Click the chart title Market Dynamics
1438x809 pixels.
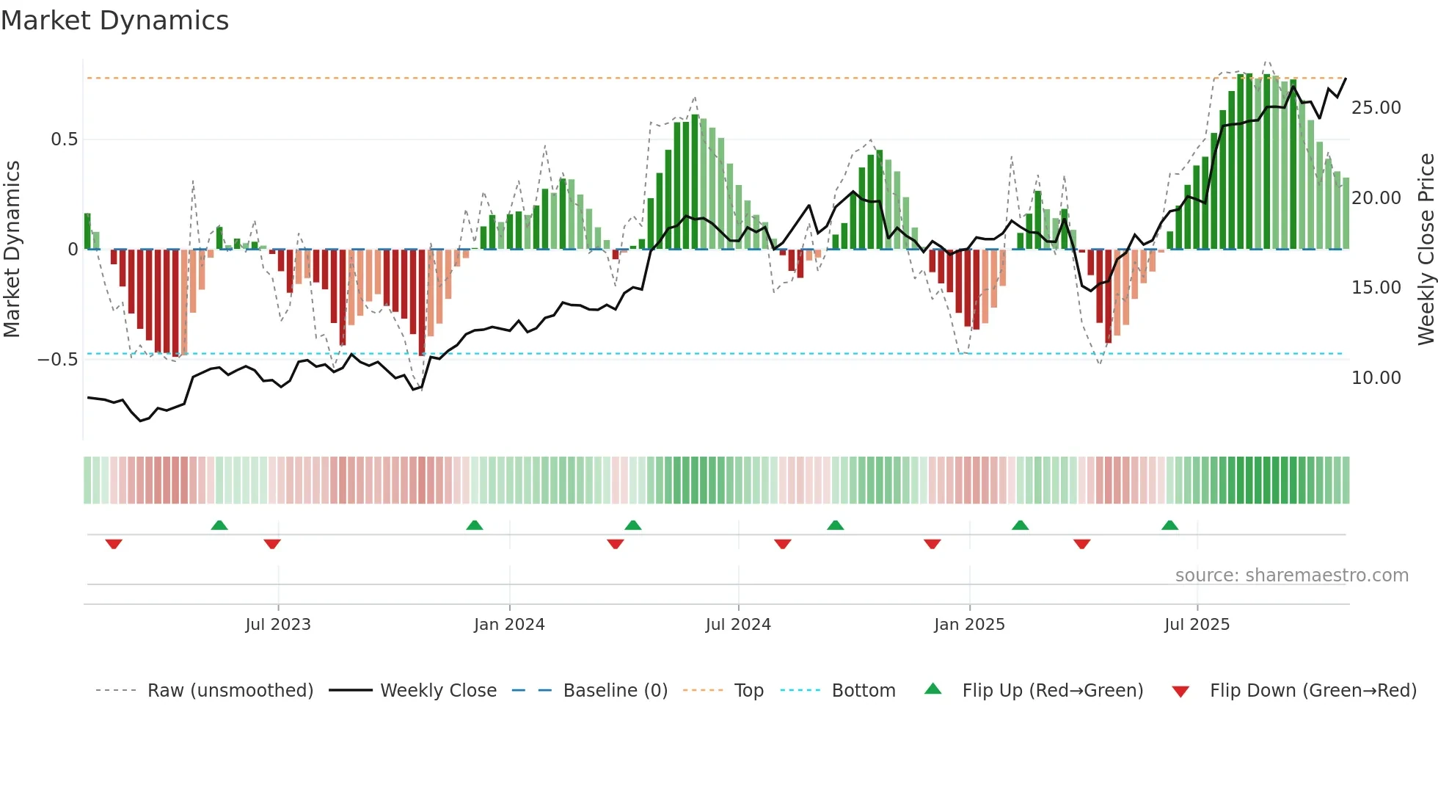(114, 21)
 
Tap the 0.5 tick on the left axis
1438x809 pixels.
(64, 139)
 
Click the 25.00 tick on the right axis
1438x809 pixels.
(1376, 108)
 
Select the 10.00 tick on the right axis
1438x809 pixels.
(1376, 378)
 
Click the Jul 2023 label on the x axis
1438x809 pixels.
(278, 625)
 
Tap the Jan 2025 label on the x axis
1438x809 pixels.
(969, 625)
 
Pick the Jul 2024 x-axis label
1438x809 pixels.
(738, 625)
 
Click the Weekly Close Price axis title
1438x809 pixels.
(1426, 249)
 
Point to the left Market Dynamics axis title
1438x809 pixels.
(12, 249)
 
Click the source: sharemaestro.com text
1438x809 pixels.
(1291, 576)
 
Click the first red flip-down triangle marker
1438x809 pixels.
(114, 544)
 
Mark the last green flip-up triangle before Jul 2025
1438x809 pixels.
(1169, 525)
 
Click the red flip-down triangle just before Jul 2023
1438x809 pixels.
(272, 544)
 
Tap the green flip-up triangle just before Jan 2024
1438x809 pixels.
(475, 525)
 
